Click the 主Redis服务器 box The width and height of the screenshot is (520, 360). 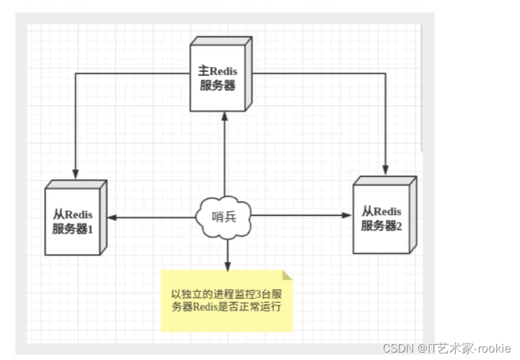tap(219, 78)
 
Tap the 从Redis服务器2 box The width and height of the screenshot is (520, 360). tap(381, 217)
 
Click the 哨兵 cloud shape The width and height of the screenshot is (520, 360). tap(224, 217)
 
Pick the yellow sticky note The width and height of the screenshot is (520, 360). tap(226, 301)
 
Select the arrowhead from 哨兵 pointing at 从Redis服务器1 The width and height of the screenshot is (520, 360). tap(112, 217)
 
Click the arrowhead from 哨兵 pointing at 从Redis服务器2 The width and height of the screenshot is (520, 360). tap(349, 215)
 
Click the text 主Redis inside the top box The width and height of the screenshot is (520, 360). tap(217, 71)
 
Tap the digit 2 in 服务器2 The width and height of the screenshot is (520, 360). tap(399, 226)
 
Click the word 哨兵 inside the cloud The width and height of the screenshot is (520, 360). tap(224, 217)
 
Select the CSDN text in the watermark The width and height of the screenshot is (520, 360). tap(396, 348)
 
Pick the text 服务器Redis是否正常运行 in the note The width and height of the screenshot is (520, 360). tap(227, 307)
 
